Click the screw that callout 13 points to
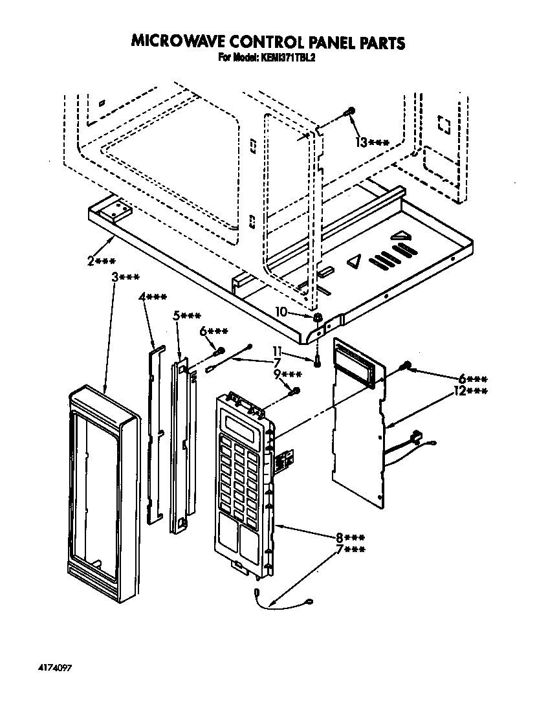pos(349,113)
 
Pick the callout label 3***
pos(126,277)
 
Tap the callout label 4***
pos(153,297)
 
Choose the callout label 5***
pos(187,315)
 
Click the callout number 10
pos(281,311)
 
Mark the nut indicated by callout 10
pos(318,318)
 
